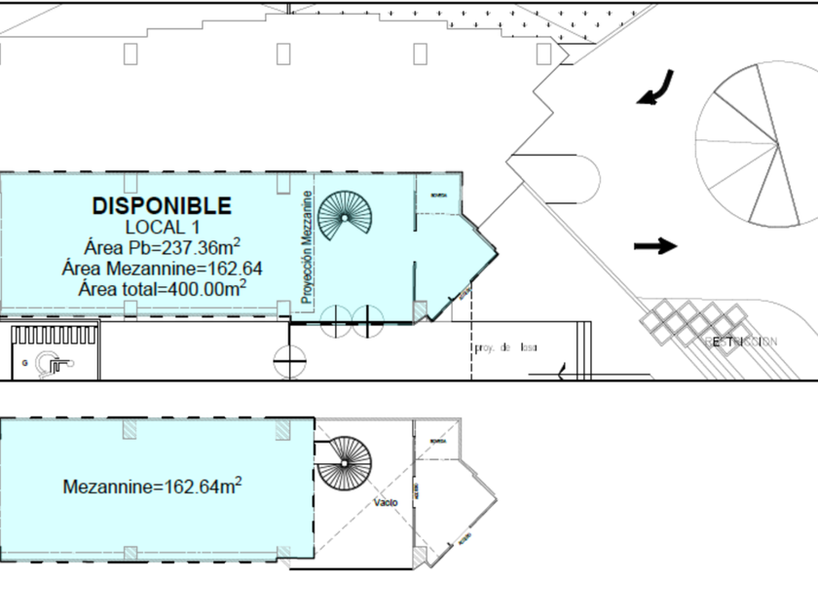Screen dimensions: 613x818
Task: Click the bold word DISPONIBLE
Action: [x=162, y=205]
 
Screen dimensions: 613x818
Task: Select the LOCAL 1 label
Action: [x=162, y=227]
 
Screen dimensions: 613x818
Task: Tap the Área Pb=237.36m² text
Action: [x=162, y=246]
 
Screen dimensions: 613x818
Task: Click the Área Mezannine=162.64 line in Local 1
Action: [x=162, y=267]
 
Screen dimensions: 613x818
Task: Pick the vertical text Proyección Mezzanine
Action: [x=307, y=248]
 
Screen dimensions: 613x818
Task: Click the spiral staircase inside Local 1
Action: [x=344, y=215]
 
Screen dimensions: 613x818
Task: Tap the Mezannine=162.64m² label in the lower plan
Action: [x=152, y=485]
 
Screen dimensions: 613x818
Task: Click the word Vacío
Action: [x=385, y=503]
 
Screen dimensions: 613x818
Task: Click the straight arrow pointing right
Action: [x=655, y=245]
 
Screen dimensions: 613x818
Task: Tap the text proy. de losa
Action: [x=505, y=347]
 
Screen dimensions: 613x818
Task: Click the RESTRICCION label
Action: [x=740, y=342]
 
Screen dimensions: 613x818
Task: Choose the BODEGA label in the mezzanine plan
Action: [x=437, y=441]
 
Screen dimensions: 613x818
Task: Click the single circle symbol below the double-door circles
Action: [x=288, y=361]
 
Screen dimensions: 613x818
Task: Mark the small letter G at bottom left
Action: [x=23, y=361]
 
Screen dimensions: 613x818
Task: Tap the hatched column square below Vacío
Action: [x=418, y=556]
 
